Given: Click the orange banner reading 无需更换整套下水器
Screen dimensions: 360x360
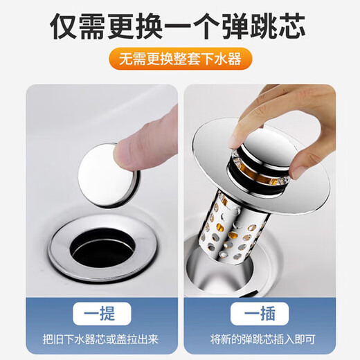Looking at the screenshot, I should [x=179, y=59].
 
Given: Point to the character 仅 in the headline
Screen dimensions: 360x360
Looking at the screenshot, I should [x=64, y=24].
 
